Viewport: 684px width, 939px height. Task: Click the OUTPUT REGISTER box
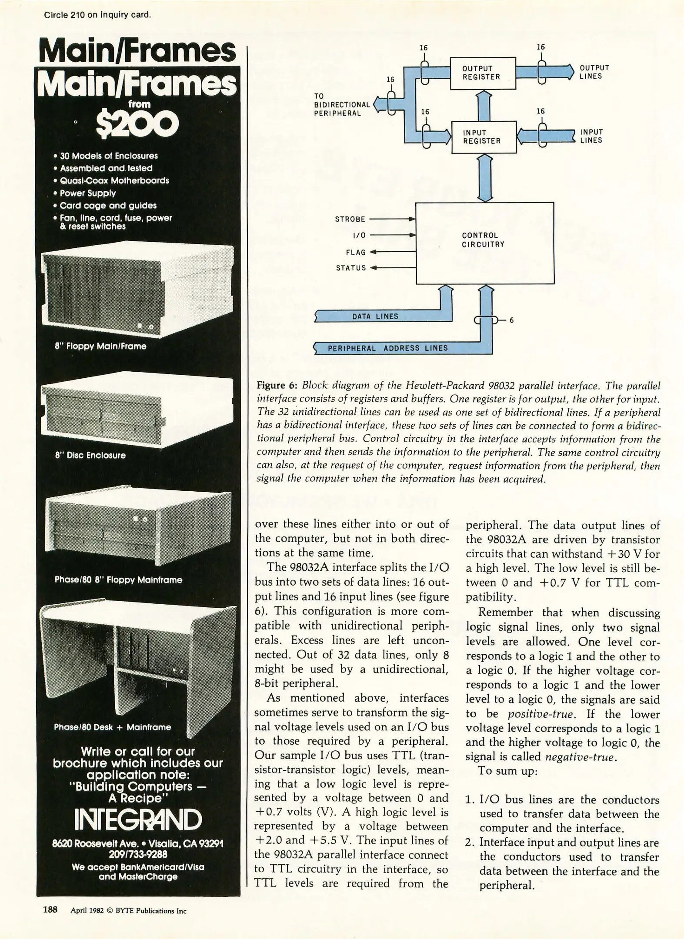coord(482,73)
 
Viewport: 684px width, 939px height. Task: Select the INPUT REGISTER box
coord(484,137)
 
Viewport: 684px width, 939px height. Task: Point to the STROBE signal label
coord(350,219)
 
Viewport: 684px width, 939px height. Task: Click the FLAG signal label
coord(356,252)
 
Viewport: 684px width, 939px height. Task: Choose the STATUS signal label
coord(351,268)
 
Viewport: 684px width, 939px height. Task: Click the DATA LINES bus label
coord(375,316)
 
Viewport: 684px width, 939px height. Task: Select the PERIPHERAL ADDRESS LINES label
coord(387,348)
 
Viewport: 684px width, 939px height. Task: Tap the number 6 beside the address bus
coord(511,320)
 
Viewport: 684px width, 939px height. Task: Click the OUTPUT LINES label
coord(594,72)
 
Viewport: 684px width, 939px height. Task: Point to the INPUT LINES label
coord(591,136)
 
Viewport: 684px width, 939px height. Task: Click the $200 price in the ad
coord(137,124)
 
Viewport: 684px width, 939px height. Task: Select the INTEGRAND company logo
coord(138,819)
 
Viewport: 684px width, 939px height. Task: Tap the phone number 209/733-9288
coord(138,854)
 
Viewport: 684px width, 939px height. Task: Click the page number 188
coord(50,909)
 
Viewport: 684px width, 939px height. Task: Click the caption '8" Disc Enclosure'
coord(90,455)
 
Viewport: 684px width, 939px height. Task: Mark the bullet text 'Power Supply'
coord(87,193)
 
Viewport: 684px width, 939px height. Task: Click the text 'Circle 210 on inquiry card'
coord(97,15)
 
